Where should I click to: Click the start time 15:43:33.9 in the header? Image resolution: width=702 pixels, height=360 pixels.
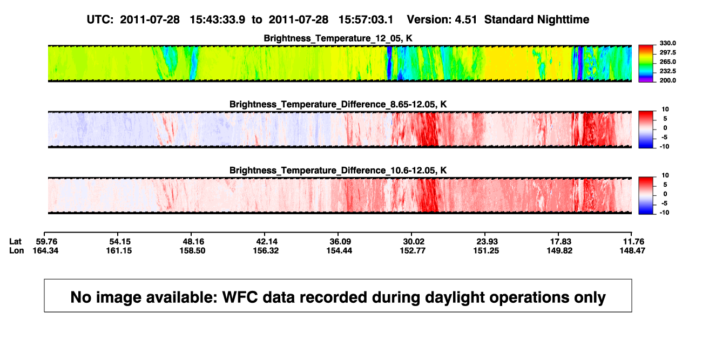pos(218,20)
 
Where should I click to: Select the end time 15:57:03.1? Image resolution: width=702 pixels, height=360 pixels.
pos(366,20)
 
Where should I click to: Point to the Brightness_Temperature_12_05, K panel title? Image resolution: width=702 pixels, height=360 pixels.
pos(338,38)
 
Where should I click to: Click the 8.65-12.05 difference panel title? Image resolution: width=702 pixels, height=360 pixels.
pos(338,104)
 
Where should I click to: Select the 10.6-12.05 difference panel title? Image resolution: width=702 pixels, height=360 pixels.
pos(338,171)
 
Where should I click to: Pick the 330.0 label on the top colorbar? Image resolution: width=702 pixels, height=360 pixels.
pos(667,43)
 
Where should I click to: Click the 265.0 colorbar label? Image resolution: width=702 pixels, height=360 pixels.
pos(667,62)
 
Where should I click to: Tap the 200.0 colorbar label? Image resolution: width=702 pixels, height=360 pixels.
pos(667,80)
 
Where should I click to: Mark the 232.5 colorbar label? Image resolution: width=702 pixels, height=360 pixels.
pos(667,71)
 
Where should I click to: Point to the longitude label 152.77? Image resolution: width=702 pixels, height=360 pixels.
pos(413,250)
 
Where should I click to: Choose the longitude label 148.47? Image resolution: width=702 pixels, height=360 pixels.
pos(632,250)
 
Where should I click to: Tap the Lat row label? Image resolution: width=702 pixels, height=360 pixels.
pos(15,242)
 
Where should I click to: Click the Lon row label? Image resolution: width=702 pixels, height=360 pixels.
pos(17,250)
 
